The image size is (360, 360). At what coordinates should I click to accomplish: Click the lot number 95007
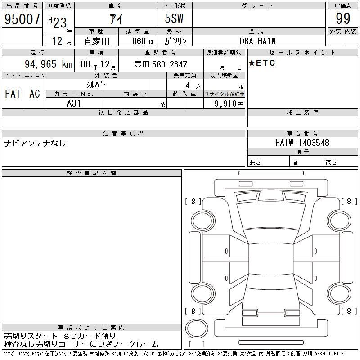[x=22, y=18]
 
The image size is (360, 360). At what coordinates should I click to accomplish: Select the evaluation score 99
[x=343, y=18]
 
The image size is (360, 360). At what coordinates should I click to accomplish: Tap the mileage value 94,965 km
[x=49, y=64]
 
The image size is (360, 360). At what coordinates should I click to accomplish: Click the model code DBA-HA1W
[x=257, y=41]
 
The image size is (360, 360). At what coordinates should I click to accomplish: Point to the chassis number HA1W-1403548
[x=302, y=143]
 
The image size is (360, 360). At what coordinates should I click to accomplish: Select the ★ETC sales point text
[x=262, y=63]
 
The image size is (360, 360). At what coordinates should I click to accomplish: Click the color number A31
[x=74, y=103]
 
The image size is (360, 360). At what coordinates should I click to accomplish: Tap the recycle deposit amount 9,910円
[x=229, y=104]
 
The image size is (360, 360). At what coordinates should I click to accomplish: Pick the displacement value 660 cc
[x=143, y=41]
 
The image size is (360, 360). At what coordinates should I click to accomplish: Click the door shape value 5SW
[x=174, y=18]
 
